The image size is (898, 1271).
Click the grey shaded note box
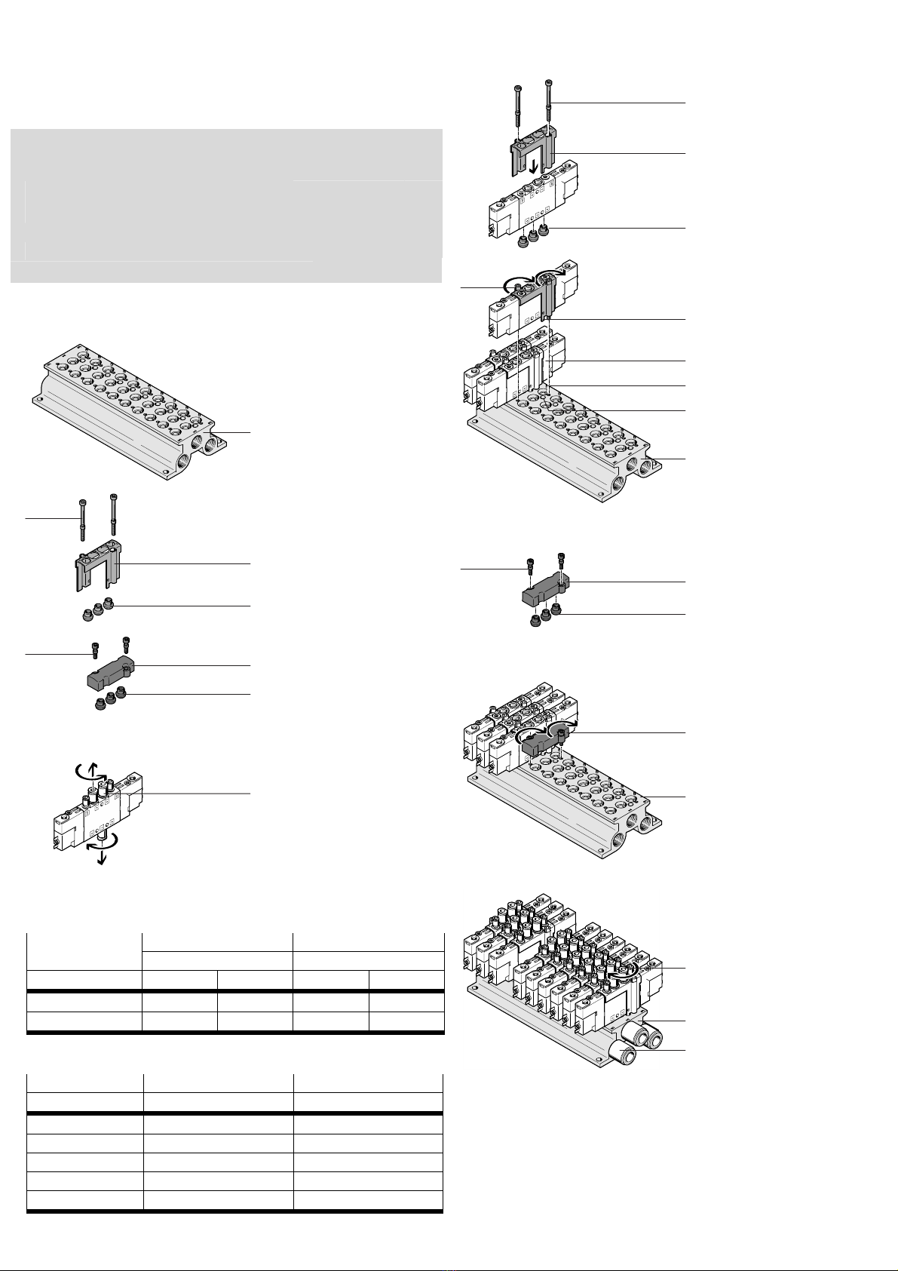(x=225, y=205)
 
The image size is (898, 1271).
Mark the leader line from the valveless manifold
(x=231, y=432)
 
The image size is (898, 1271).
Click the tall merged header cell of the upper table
(x=84, y=952)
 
